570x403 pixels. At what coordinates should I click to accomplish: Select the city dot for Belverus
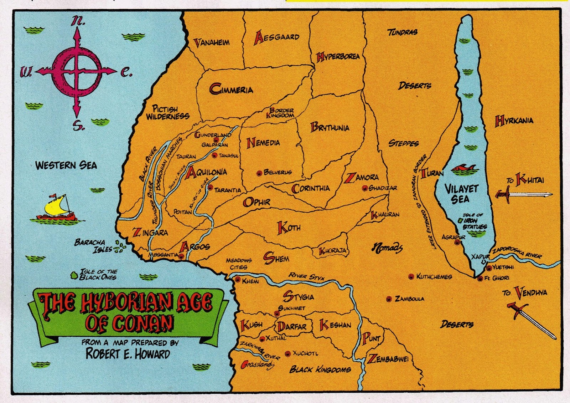point(259,173)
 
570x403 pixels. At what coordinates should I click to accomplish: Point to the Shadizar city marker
point(364,188)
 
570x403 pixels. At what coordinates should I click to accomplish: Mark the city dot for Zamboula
point(389,299)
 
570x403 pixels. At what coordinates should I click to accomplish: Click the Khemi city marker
point(238,280)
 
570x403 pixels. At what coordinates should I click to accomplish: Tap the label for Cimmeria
point(232,89)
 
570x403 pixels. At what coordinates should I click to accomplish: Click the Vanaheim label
point(212,43)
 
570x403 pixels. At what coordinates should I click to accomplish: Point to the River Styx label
point(306,277)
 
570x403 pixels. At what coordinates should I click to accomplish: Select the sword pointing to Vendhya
point(531,319)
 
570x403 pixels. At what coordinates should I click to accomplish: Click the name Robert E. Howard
point(128,354)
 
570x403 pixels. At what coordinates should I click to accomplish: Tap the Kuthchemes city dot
point(411,276)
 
